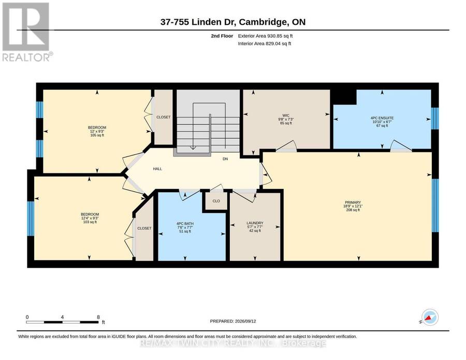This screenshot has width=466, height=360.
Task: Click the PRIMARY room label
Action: click(x=353, y=203)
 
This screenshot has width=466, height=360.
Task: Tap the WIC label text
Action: click(x=286, y=116)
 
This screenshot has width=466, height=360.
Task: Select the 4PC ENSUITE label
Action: click(x=382, y=118)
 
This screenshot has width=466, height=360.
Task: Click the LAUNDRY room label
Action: click(x=255, y=223)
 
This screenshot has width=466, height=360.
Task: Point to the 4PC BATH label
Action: click(x=185, y=224)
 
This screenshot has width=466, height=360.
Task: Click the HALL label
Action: click(x=157, y=169)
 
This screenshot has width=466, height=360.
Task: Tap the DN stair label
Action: click(x=225, y=159)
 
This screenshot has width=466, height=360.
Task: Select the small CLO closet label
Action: click(x=216, y=201)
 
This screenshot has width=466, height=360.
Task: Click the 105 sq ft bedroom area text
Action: click(x=97, y=135)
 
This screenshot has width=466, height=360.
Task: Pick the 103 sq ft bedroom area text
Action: click(x=90, y=222)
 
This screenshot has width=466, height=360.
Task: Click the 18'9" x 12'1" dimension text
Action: click(x=353, y=206)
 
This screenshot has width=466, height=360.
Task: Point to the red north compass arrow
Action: click(x=429, y=319)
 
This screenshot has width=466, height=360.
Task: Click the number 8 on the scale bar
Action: click(x=98, y=317)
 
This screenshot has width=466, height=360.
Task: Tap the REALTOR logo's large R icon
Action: click(x=25, y=27)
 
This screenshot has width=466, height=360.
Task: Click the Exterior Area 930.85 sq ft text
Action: click(x=266, y=36)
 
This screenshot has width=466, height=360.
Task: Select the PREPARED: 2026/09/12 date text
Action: click(x=233, y=321)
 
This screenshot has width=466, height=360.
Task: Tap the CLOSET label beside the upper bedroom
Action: click(x=164, y=117)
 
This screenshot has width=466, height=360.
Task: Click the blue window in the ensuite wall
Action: click(x=435, y=118)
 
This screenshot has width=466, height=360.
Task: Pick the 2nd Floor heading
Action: click(x=222, y=36)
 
